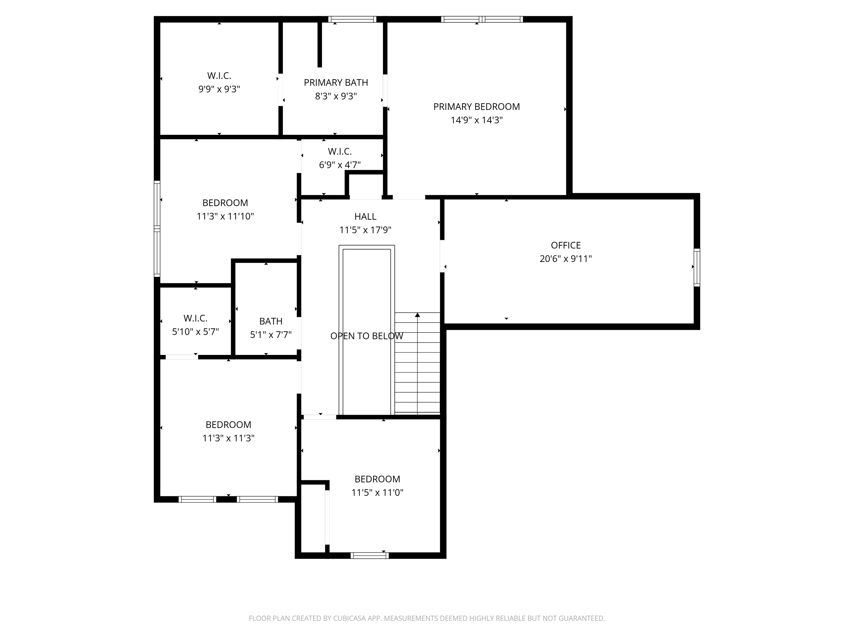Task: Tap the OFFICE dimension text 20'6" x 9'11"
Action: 565,259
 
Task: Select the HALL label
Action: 365,216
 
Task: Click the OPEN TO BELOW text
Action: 366,336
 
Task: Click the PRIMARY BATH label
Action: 336,82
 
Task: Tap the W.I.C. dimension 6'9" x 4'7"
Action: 339,165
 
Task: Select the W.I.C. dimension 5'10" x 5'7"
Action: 195,331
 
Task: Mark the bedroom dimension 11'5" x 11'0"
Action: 377,492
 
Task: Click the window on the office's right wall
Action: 697,267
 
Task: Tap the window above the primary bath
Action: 352,19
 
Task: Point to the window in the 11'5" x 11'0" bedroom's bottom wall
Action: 369,556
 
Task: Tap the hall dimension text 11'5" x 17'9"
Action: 365,230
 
